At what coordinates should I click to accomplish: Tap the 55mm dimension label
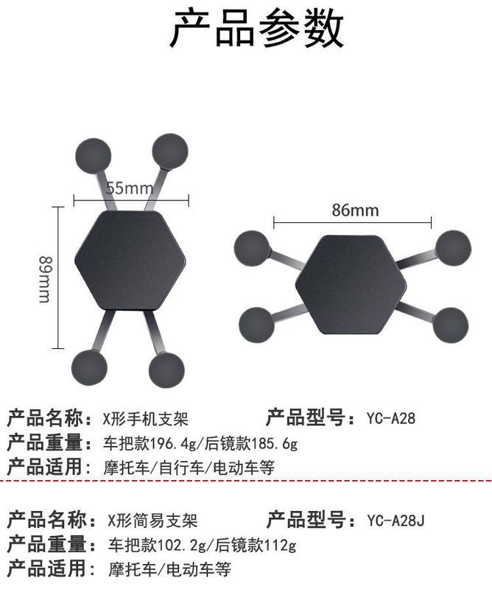pos(129,188)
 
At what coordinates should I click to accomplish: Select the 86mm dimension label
pos(354,211)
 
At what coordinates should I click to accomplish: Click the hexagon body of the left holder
pos(130,262)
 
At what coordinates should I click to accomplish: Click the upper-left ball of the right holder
pos(253,247)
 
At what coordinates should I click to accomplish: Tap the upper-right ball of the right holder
pos(452,247)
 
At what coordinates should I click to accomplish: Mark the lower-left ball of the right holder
pos(259,322)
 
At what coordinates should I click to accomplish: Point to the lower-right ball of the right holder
pos(449,323)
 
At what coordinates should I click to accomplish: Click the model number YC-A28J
pos(396,521)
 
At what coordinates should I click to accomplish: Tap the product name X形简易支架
pos(152,521)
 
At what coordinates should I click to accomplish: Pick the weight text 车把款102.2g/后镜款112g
pos(201,545)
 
